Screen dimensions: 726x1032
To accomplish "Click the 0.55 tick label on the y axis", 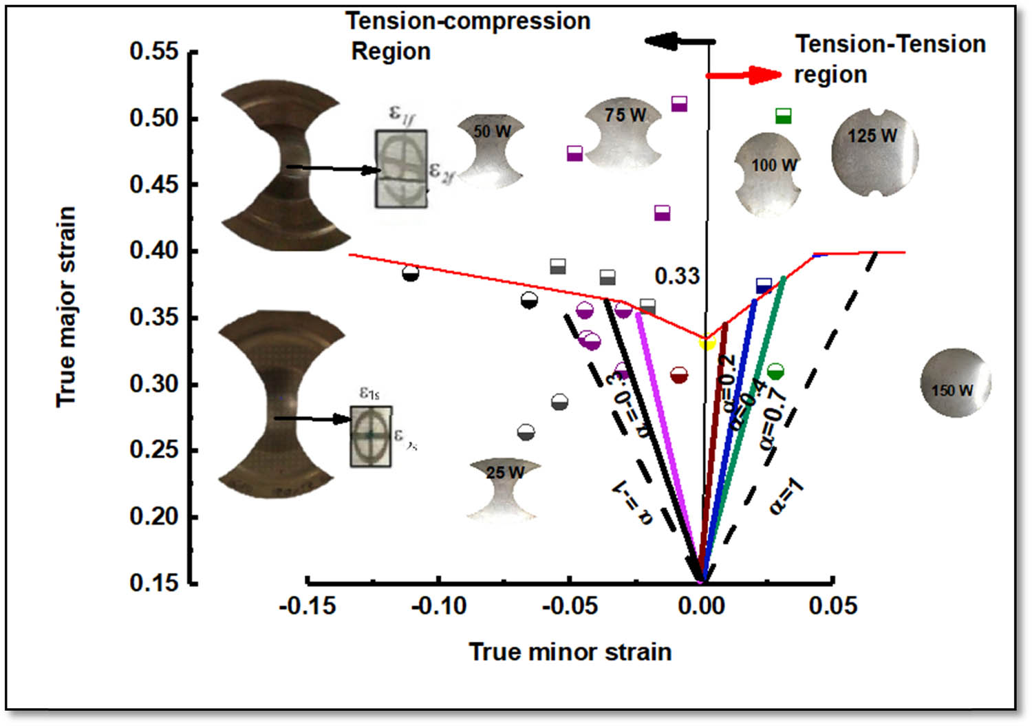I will [x=154, y=52].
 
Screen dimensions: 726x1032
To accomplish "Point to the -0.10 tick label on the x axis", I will [x=439, y=606].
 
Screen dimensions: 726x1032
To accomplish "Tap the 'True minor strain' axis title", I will [x=570, y=652].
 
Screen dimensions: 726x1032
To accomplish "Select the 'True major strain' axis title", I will [x=66, y=307].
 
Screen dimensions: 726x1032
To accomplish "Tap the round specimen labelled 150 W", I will [x=955, y=383].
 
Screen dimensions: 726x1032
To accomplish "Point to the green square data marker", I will [x=783, y=116].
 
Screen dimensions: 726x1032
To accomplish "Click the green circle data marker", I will [x=775, y=372].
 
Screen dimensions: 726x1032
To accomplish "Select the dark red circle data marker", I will [x=679, y=375].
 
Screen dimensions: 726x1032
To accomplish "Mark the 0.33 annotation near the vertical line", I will [x=677, y=277].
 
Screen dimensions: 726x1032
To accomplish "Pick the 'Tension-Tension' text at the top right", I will [x=890, y=44].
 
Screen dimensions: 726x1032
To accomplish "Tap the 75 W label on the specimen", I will [x=625, y=115].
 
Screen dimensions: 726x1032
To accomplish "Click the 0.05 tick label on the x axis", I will [x=833, y=606].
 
